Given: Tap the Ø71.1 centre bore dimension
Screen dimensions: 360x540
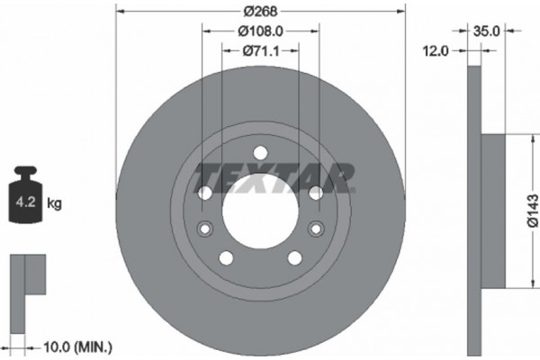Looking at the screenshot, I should coord(259,52).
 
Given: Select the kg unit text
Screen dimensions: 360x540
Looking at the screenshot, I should coord(54,203).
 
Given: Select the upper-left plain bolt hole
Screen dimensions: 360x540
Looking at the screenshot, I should coord(203,193).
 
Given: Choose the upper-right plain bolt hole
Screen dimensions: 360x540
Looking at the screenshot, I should coord(315,193).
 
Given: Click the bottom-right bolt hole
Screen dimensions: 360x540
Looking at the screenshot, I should coord(293,258).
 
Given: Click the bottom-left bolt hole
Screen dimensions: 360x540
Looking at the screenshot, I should coord(225,258).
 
